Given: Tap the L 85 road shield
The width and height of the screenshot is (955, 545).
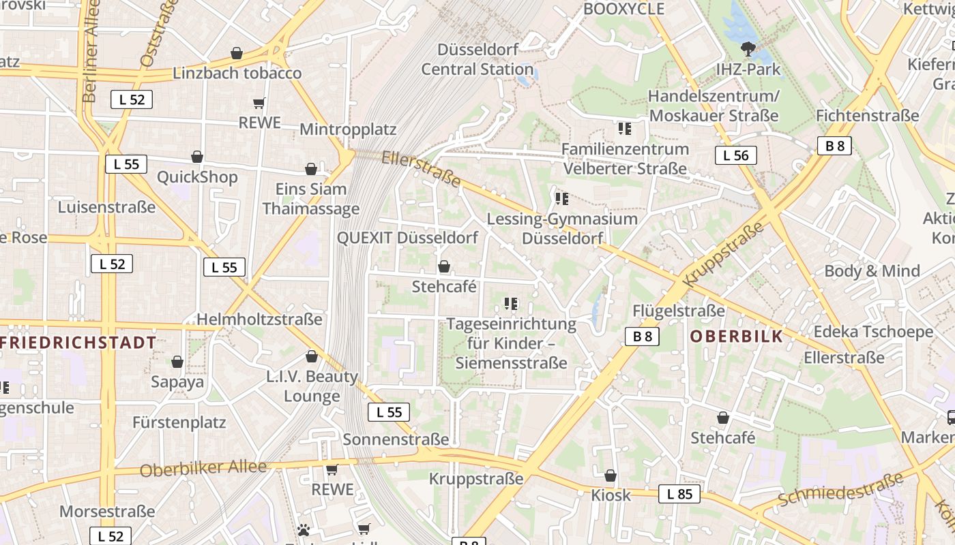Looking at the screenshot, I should [x=679, y=494].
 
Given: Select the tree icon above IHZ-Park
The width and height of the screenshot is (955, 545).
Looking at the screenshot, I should [x=748, y=49].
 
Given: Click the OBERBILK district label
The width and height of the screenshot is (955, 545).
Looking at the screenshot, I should [x=736, y=337].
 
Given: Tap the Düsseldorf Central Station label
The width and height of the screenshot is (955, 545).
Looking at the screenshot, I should [x=477, y=59].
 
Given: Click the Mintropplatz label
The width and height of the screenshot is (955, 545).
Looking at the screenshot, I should [x=348, y=129].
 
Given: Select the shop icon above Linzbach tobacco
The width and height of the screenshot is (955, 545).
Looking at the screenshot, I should [x=237, y=53].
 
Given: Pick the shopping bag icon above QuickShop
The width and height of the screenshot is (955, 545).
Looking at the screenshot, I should [x=197, y=157].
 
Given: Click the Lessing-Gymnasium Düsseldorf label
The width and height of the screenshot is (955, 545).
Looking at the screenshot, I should [x=562, y=228].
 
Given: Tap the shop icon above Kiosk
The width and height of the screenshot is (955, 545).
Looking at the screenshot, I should [x=611, y=476].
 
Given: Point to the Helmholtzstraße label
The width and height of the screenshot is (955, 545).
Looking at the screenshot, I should [x=259, y=319].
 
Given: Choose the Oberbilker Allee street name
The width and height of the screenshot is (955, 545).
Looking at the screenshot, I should [x=203, y=469].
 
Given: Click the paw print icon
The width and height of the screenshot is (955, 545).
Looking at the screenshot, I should [x=304, y=529].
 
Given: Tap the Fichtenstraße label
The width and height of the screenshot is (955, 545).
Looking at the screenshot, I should [x=867, y=115].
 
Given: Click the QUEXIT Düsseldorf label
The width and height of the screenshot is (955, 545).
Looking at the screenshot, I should [x=407, y=238].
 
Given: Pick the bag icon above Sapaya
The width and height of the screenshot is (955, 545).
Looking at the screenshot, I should [x=177, y=362].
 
